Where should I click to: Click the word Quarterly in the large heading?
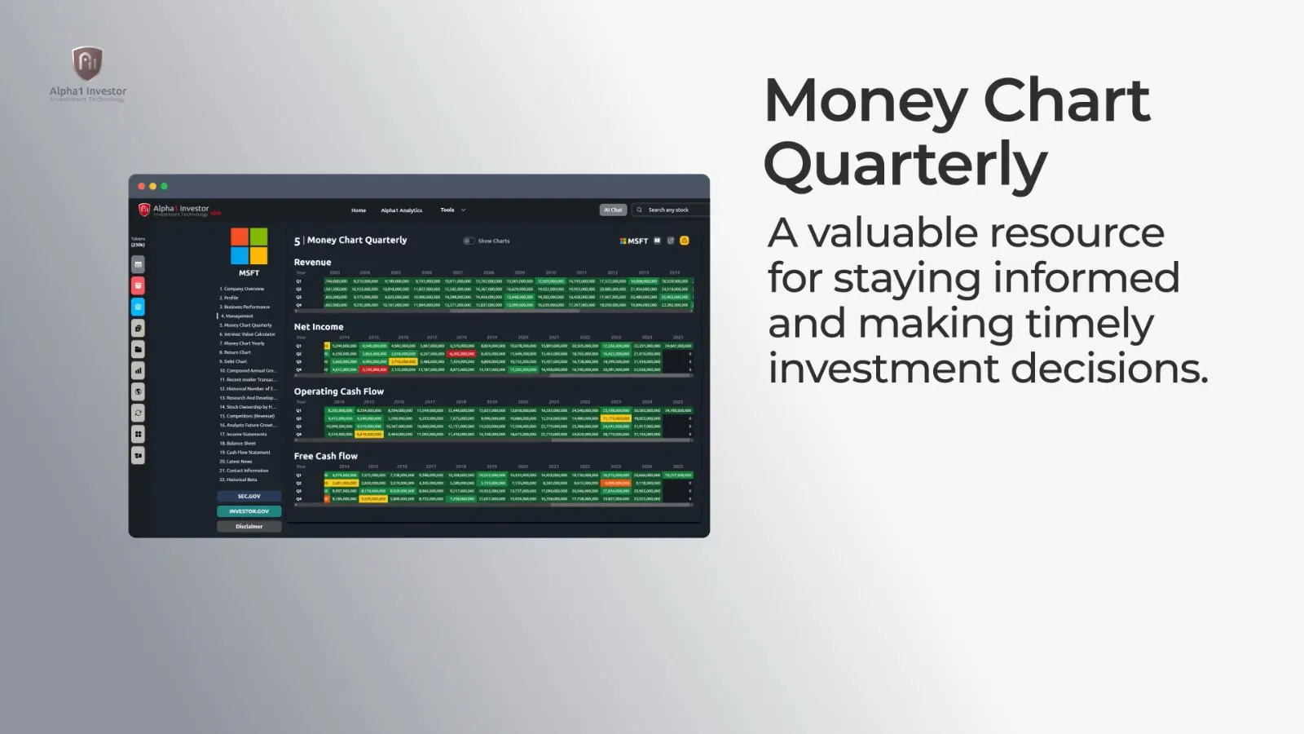[x=905, y=164]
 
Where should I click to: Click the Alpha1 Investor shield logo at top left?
[x=87, y=64]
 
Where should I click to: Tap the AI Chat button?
[x=613, y=210]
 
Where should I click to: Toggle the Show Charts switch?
[x=469, y=241]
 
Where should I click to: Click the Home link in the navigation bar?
[x=359, y=210]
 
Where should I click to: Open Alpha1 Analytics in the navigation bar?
[x=401, y=210]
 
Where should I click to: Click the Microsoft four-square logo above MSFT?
[x=249, y=246]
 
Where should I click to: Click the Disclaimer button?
[x=249, y=526]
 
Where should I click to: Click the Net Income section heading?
[x=319, y=326]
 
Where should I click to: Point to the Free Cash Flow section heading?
[x=326, y=456]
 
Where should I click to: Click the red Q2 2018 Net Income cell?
[x=461, y=354]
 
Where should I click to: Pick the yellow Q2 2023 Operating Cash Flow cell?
[x=615, y=418]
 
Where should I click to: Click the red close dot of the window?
[x=141, y=187]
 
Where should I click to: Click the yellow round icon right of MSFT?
[x=685, y=241]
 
